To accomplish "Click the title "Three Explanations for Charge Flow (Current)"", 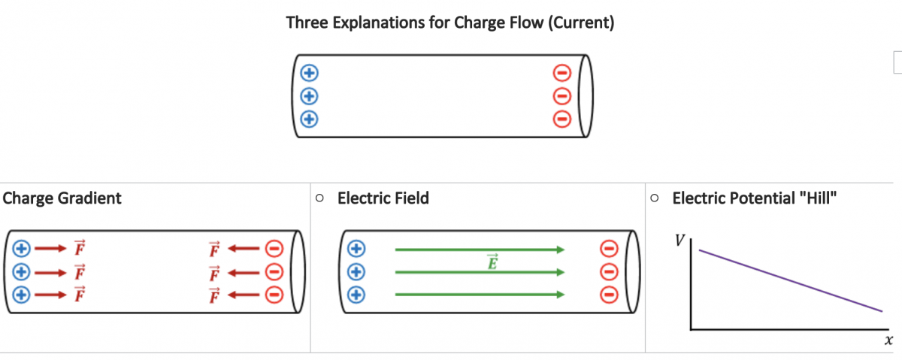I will tap(450, 23).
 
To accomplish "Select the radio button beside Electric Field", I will tap(319, 198).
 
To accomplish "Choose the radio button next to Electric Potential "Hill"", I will tap(655, 198).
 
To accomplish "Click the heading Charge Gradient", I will tap(62, 198).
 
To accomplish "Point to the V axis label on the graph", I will tap(680, 241).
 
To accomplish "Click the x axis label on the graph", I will tap(888, 340).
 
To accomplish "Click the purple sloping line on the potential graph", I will tap(789, 280).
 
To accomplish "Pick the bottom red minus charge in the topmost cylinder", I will tap(561, 119).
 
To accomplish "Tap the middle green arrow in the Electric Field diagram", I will tap(480, 272).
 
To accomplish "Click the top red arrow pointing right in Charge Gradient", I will tap(50, 248).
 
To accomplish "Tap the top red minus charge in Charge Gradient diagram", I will tap(275, 248).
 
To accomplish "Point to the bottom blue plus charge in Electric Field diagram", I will tap(356, 295).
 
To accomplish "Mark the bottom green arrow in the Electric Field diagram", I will tap(480, 295).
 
